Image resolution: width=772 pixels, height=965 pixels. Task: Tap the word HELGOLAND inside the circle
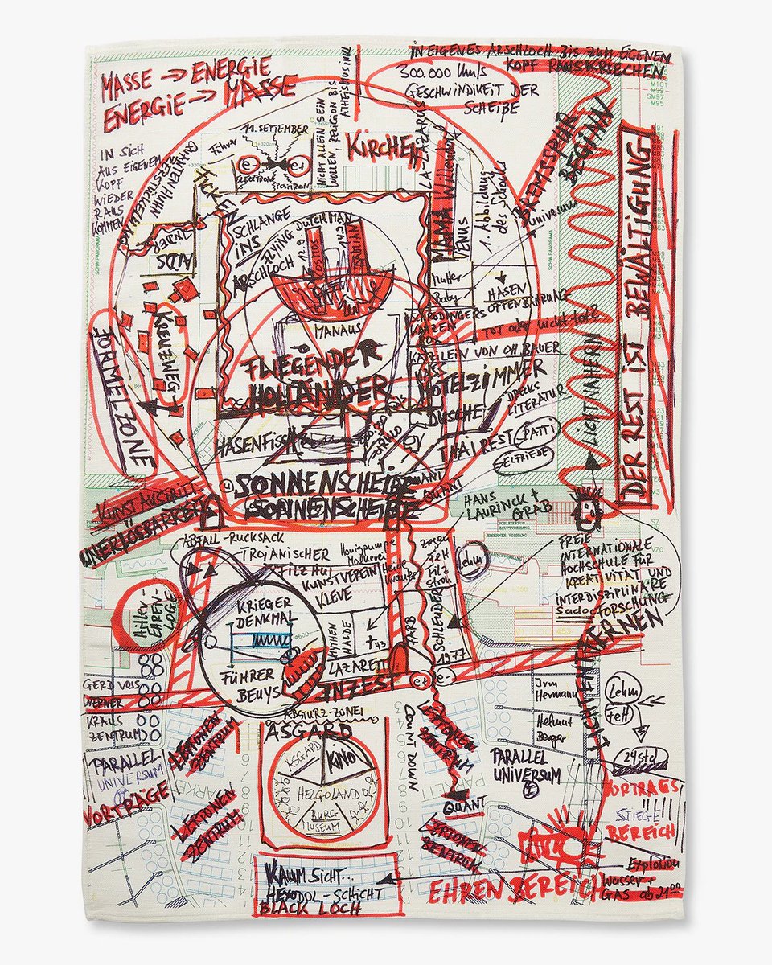coord(323,792)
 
